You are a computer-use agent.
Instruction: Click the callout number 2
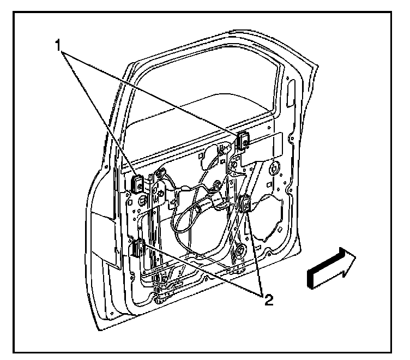267,300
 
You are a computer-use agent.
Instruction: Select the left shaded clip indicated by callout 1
137,182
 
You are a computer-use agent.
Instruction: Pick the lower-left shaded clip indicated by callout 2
136,248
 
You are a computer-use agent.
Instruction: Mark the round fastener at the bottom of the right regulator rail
239,251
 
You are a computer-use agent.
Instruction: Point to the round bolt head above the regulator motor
218,186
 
